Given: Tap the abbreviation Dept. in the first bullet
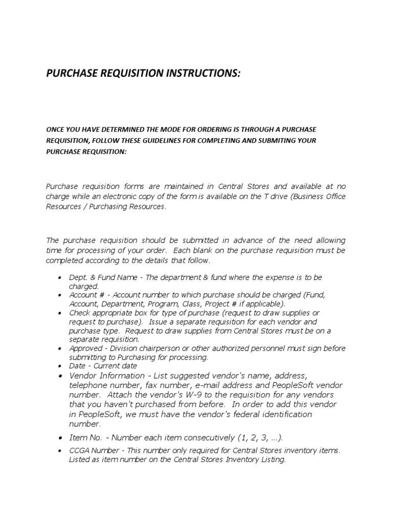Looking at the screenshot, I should tap(78, 277).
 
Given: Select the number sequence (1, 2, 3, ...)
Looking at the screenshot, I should tap(260, 438).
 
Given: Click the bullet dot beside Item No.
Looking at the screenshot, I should tap(60, 439).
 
